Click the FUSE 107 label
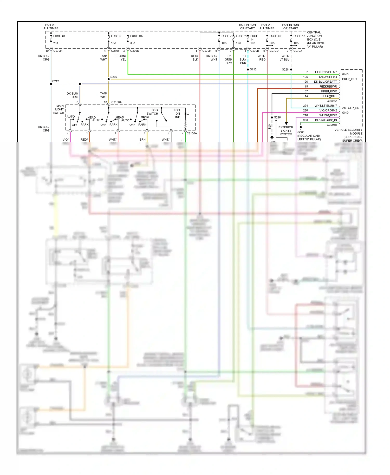(x=136, y=36)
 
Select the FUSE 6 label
(x=116, y=36)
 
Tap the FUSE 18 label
(x=299, y=36)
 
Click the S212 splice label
(x=56, y=81)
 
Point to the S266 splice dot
(x=109, y=79)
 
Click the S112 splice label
(x=253, y=69)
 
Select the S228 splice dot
(x=291, y=69)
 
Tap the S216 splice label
(x=277, y=117)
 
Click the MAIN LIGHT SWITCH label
(x=59, y=109)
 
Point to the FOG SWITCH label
(x=153, y=112)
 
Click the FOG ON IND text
(x=177, y=114)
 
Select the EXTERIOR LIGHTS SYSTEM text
(x=286, y=131)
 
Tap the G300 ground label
(x=301, y=132)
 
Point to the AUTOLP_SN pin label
(x=350, y=108)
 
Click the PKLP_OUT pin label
(x=349, y=79)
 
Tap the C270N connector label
(x=134, y=51)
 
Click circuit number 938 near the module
(x=305, y=120)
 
